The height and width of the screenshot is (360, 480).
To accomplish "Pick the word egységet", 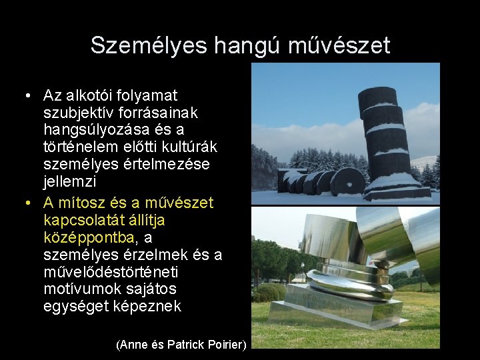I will (75, 306).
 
